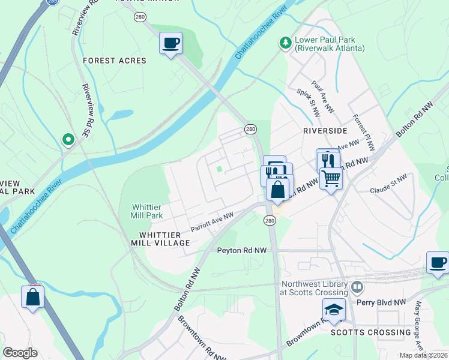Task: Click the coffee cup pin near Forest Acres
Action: (x=171, y=43)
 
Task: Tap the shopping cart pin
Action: (x=331, y=178)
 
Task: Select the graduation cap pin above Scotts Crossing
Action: (x=334, y=310)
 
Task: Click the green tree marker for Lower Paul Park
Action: (x=286, y=43)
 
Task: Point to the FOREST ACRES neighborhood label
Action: (x=115, y=61)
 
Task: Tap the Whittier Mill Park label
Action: (x=147, y=211)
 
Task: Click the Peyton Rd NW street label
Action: (x=241, y=250)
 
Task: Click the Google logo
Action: (x=20, y=353)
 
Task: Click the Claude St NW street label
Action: (x=388, y=181)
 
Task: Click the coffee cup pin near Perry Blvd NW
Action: (x=438, y=262)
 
